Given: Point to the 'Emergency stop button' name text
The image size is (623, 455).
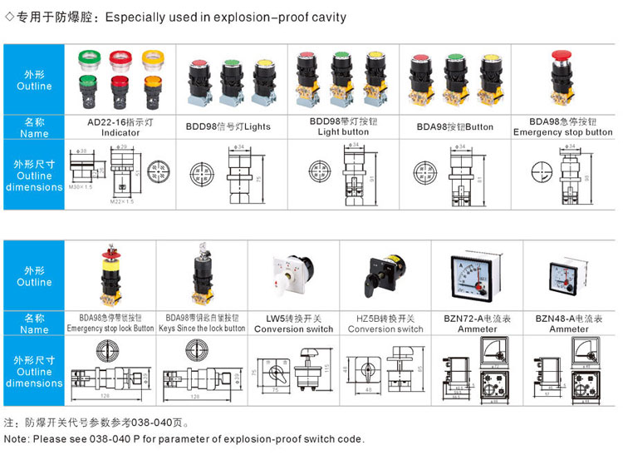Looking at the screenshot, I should [562, 132].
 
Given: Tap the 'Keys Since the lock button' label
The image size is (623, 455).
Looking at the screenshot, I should [202, 329].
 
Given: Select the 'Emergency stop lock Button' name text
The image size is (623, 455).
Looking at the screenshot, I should [110, 329].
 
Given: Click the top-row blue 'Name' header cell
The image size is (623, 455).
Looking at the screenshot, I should [34, 127].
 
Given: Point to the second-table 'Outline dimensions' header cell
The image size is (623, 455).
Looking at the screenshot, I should [34, 372].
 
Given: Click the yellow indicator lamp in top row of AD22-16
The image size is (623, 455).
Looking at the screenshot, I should [152, 58].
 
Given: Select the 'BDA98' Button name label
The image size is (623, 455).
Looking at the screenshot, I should [454, 127].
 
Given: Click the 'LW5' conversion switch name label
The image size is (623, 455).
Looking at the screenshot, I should [293, 324].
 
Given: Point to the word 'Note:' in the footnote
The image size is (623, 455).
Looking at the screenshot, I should [17, 438].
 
